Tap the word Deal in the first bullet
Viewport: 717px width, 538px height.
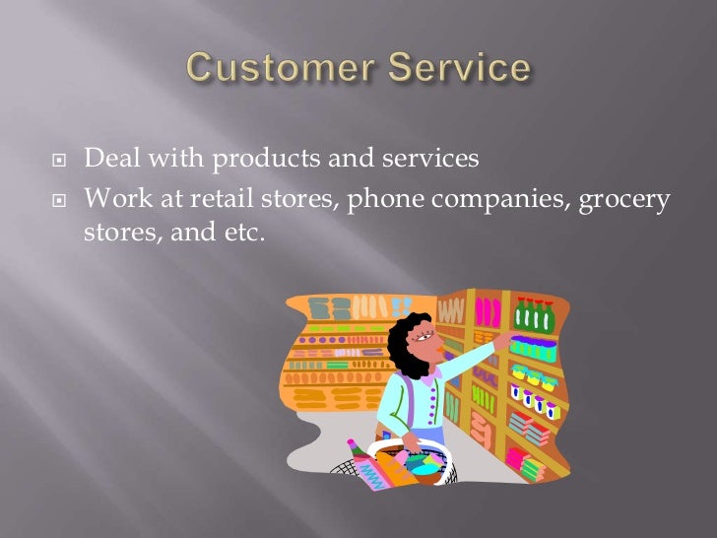coord(107,160)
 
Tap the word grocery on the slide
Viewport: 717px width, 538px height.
coord(626,201)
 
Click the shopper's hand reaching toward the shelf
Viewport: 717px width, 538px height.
coord(502,340)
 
